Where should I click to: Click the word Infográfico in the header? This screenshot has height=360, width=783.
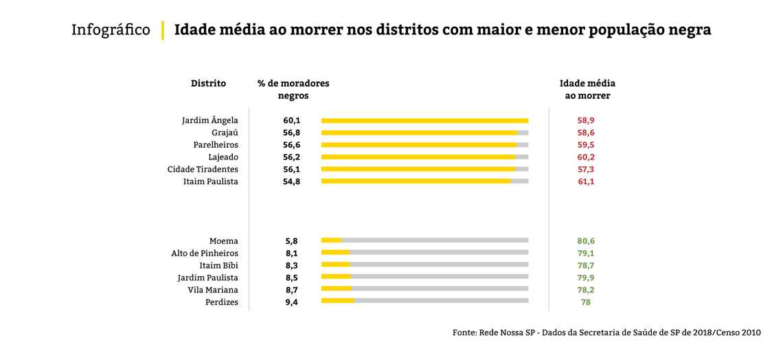coord(111,31)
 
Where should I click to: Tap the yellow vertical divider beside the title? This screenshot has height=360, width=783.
coord(163,31)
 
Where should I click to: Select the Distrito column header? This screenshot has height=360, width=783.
coord(208,83)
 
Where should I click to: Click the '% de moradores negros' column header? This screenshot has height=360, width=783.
coord(293,89)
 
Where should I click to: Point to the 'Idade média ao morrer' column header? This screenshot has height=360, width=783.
coord(587,89)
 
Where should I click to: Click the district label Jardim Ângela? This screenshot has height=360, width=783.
coord(209,120)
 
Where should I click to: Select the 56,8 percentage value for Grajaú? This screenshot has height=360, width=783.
coord(292,133)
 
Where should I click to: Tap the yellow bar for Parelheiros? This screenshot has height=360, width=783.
coord(418,145)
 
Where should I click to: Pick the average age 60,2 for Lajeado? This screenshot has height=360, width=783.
coord(586,157)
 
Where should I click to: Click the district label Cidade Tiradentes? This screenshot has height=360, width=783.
coord(203,169)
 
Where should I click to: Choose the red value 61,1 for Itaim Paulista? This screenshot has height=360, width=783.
coord(586,181)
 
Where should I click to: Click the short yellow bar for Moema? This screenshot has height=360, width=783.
coord(331,240)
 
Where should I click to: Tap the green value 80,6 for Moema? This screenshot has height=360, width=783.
coord(586,241)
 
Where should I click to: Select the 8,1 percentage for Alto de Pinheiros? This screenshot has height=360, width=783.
coord(292,253)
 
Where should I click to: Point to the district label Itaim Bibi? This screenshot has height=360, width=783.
coord(218,265)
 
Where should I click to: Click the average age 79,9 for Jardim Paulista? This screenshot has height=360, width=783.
coord(586,278)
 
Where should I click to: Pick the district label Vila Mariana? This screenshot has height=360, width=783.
coord(213,290)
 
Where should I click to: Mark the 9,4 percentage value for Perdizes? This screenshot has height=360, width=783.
coord(292,302)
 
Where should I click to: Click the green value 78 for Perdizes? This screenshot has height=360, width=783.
coord(586,302)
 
